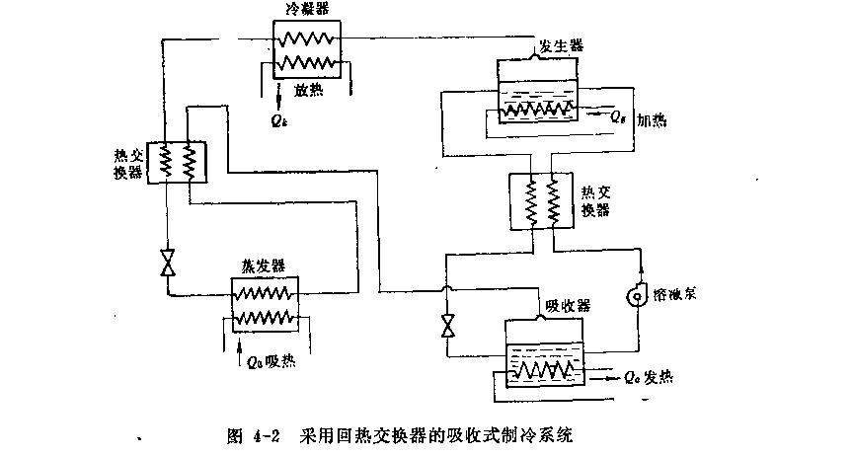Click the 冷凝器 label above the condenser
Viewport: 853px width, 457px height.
pos(305,9)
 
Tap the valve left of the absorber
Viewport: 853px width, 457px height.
pos(448,325)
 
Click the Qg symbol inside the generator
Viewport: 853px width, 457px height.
pos(617,116)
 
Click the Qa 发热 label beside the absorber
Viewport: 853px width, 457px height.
pos(648,377)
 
